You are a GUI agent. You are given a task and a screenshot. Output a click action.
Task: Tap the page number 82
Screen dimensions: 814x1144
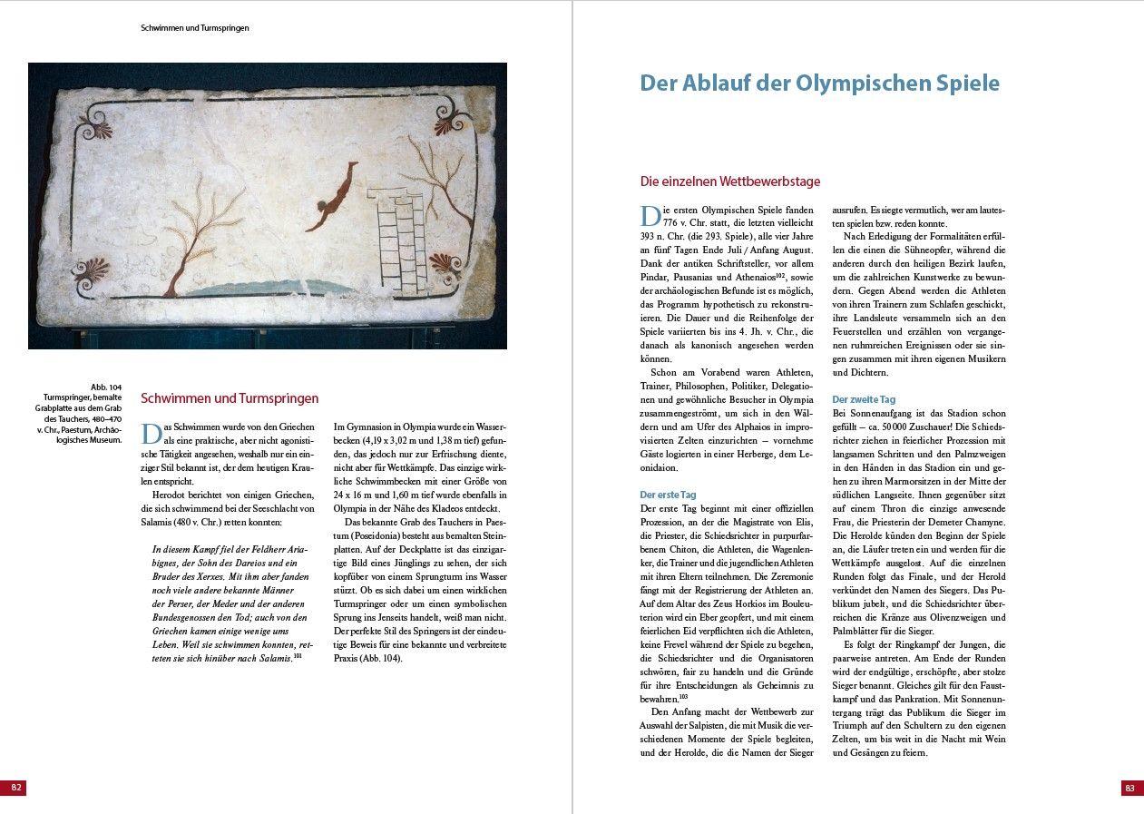[x=15, y=788]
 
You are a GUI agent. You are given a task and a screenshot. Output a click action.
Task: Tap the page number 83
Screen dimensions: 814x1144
[x=1129, y=788]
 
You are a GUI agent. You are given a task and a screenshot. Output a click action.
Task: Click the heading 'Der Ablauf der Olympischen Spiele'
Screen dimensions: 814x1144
[x=819, y=83]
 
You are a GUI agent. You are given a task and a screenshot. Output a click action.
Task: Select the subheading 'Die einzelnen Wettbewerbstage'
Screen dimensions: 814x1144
[x=729, y=181]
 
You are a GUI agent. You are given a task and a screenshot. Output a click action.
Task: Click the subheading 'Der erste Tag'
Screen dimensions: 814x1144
[x=668, y=495]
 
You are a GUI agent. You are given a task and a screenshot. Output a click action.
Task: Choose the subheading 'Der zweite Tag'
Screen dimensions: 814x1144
[x=864, y=399]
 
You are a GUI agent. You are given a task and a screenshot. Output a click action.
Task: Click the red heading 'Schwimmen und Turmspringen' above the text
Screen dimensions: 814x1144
[x=230, y=397]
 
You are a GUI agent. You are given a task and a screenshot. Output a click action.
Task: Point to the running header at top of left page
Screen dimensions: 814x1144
[x=194, y=28]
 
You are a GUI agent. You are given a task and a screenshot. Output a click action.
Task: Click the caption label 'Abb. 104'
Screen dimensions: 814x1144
[x=106, y=387]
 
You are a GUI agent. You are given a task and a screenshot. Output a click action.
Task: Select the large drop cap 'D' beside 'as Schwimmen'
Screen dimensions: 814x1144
[x=151, y=433]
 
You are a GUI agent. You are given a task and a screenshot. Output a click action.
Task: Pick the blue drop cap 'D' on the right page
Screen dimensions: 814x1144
[x=650, y=215]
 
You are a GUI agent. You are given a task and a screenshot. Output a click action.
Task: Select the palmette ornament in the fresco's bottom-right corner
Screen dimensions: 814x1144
[x=443, y=266]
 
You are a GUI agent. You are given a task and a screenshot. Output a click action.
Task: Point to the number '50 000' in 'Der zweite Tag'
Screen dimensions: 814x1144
[x=911, y=427]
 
